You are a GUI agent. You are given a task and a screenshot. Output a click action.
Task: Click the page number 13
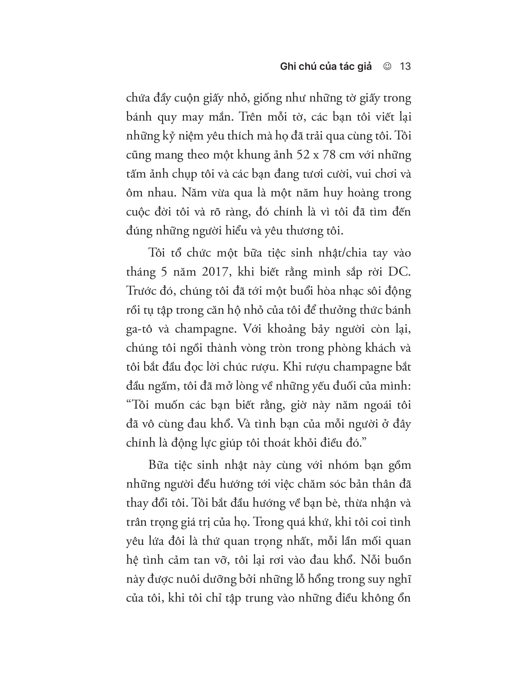pos(405,67)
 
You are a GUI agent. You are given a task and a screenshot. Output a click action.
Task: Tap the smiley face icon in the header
pos(387,67)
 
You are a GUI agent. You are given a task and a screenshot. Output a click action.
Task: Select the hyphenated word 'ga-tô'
pos(139,329)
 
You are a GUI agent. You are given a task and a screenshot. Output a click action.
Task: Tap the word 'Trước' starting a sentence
pos(142,291)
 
